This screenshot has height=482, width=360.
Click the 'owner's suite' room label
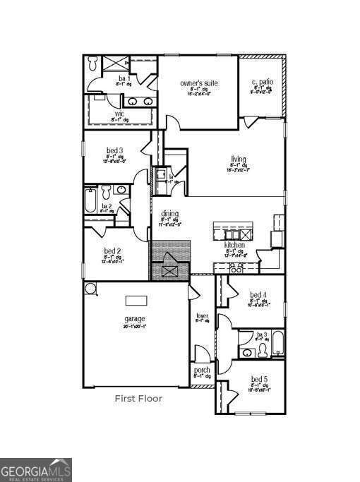click(198, 83)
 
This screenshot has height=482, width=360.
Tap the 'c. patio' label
click(262, 83)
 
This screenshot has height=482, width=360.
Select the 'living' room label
click(238, 159)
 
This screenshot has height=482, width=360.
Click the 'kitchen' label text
click(234, 245)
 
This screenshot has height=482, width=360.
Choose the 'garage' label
click(135, 319)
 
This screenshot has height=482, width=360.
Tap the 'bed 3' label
click(115, 150)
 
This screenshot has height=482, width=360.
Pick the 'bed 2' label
click(113, 251)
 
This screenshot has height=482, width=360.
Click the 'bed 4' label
click(258, 294)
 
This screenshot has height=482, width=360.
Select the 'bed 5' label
click(259, 379)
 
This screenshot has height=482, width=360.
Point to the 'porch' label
click(201, 369)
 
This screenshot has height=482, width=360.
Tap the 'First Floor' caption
click(138, 399)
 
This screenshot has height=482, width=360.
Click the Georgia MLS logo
click(35, 469)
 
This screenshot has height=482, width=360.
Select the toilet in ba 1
click(95, 64)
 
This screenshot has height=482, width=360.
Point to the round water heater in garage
click(90, 288)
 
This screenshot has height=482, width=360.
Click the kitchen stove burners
click(236, 267)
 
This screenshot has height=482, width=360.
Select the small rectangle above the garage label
click(136, 301)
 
